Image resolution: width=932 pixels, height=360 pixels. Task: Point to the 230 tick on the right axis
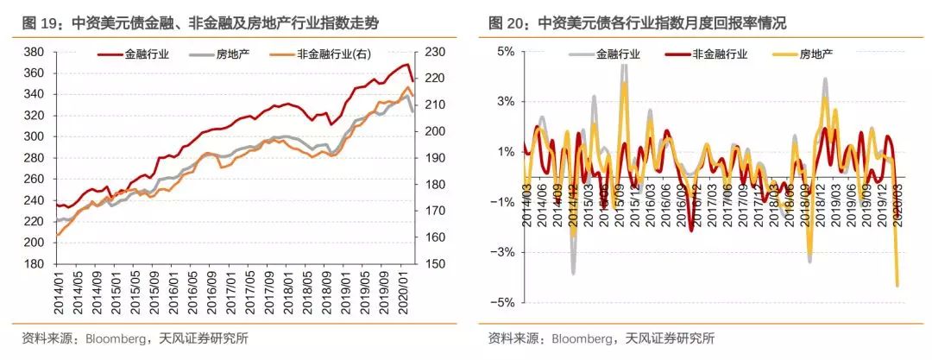435,53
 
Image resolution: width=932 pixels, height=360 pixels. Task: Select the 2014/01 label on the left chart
59,294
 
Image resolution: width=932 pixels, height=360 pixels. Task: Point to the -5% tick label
502,303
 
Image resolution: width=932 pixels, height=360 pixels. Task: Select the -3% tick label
502,253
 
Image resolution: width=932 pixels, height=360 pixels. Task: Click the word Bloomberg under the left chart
116,338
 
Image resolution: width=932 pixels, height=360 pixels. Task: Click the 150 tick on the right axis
435,264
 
